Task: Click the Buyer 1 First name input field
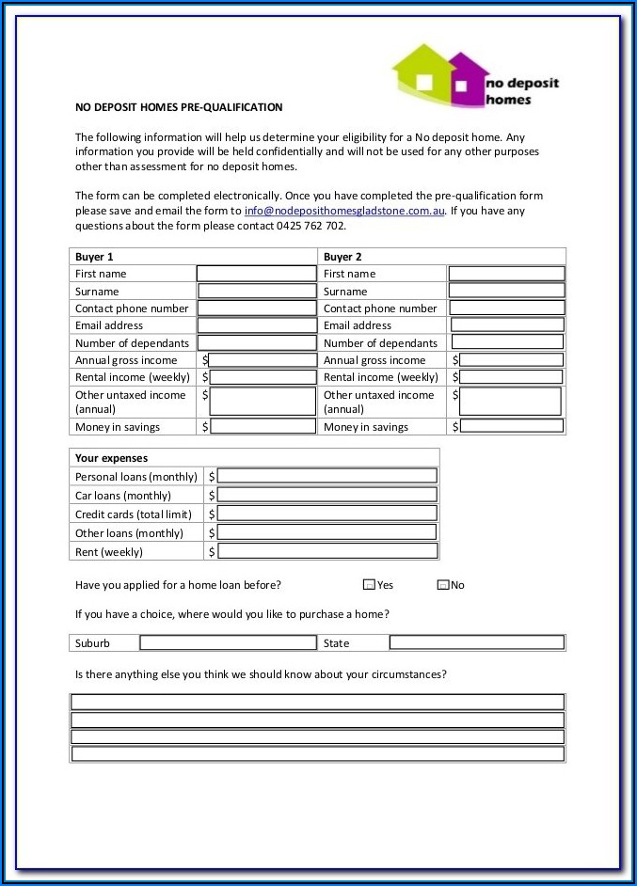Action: pos(256,274)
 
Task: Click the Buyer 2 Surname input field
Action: pos(506,291)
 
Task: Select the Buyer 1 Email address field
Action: pos(257,325)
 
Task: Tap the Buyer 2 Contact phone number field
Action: pos(506,308)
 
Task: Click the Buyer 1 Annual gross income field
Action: pos(263,360)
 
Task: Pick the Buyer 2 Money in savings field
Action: pos(511,426)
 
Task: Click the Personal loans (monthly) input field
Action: pos(326,476)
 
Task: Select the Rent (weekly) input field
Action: pos(326,551)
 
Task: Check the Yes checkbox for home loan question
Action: pos(369,585)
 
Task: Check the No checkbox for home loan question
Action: pos(443,585)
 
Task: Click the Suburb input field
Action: pos(228,643)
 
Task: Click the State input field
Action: pos(476,643)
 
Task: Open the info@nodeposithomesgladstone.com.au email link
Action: pos(344,212)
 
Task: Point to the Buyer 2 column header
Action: pos(342,257)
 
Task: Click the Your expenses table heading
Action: pos(111,458)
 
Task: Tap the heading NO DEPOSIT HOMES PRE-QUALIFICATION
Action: pos(179,107)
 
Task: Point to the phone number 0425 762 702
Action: pos(311,226)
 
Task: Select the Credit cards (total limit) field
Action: pos(326,514)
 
